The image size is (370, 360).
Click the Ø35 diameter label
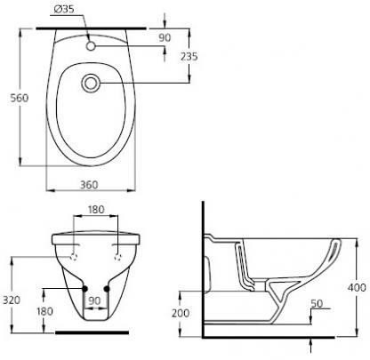click(64, 10)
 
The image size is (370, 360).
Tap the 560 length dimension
click(20, 98)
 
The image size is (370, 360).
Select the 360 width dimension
click(89, 185)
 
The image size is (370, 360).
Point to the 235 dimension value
click(189, 56)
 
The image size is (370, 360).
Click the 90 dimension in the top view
click(165, 38)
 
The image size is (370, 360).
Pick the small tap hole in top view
click(91, 46)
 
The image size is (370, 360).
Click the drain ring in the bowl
click(91, 83)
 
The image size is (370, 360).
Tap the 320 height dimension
click(12, 300)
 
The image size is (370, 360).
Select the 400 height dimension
click(357, 287)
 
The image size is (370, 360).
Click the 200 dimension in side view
click(181, 313)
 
